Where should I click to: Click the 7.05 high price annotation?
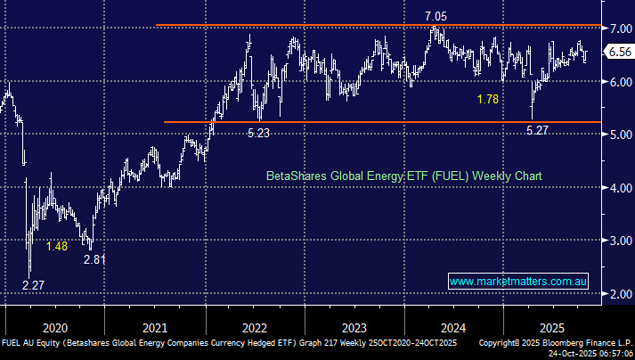click(436, 16)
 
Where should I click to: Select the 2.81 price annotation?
click(95, 259)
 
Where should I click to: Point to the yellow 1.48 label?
click(57, 246)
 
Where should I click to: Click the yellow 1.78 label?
click(489, 99)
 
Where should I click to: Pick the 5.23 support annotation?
click(260, 133)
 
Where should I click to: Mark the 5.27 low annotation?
click(537, 130)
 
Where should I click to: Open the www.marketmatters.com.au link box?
click(518, 282)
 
